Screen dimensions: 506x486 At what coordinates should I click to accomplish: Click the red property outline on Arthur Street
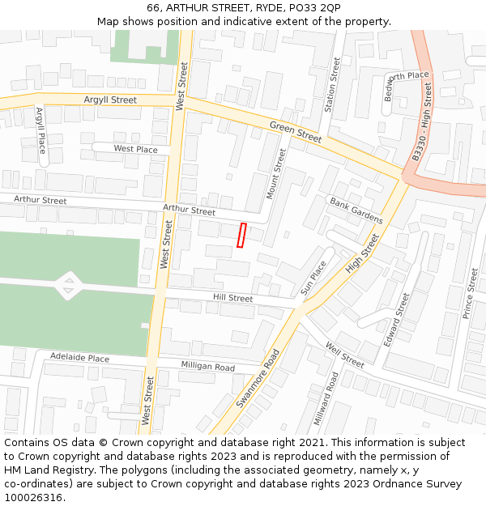point(241,235)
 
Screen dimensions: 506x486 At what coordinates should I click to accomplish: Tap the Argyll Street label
point(110,100)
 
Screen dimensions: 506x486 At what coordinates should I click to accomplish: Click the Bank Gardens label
point(356,210)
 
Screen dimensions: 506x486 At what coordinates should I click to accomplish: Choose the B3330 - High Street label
point(421,122)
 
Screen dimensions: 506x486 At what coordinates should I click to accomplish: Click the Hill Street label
point(233,298)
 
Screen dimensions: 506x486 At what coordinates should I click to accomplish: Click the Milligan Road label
point(207,368)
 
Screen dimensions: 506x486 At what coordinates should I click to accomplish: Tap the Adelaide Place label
point(79,358)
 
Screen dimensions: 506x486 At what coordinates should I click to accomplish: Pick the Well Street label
point(344,355)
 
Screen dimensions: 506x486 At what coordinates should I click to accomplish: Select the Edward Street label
point(398,321)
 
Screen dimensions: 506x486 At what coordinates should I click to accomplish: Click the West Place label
point(135,149)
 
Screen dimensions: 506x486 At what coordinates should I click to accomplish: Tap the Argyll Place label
point(40,130)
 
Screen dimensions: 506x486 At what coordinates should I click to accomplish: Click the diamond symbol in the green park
point(68,284)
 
